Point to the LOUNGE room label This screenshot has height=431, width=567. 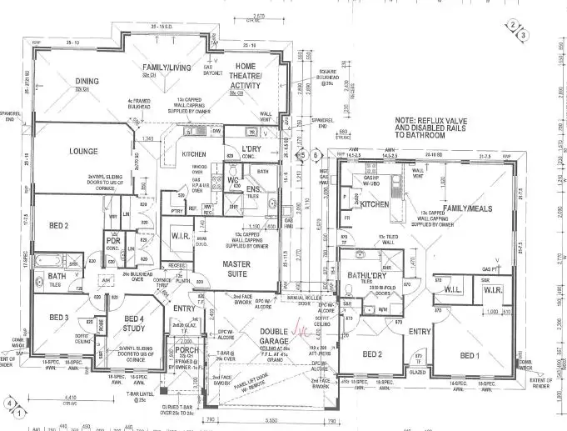click(x=79, y=151)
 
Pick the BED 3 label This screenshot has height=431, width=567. click(x=58, y=318)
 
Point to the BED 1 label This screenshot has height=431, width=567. click(x=471, y=355)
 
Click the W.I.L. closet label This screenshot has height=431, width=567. click(x=452, y=290)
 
